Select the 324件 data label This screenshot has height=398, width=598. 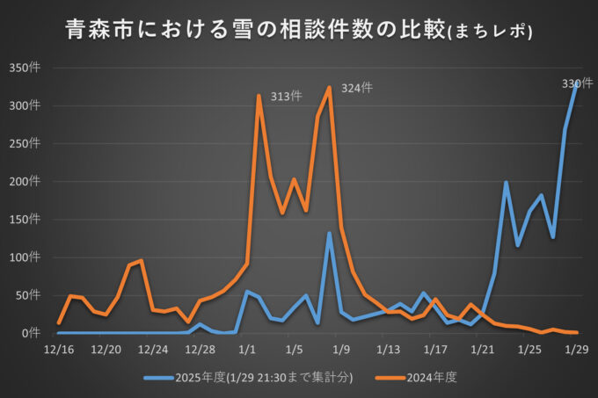click(x=357, y=88)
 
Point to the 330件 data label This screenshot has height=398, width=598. click(x=577, y=83)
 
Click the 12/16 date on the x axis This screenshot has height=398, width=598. click(x=59, y=350)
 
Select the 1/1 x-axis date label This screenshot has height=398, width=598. click(x=247, y=350)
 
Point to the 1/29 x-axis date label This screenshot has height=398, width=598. click(x=576, y=350)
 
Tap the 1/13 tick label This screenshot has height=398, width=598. click(x=388, y=350)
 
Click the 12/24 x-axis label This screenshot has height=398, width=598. click(x=153, y=350)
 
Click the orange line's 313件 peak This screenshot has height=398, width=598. click(x=259, y=96)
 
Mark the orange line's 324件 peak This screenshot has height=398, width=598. click(x=330, y=87)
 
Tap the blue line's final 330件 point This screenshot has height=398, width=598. click(x=576, y=83)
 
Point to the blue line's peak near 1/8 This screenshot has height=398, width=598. click(x=330, y=234)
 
